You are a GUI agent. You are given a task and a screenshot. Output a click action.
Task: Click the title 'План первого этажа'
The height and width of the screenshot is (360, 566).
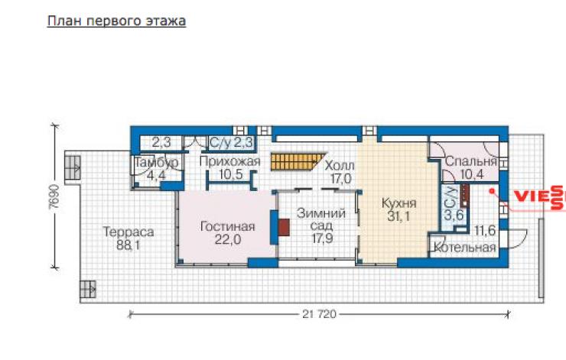click(116, 21)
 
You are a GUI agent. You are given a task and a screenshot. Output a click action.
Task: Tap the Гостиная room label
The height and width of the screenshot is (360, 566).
click(227, 226)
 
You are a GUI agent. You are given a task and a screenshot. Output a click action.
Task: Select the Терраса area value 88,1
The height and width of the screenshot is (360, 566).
click(128, 245)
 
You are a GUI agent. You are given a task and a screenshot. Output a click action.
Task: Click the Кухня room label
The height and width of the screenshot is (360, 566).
click(398, 203)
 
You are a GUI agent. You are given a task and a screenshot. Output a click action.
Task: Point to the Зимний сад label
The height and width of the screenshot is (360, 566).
click(321, 219)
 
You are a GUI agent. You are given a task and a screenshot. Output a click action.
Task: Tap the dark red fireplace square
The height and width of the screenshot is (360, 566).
click(284, 227)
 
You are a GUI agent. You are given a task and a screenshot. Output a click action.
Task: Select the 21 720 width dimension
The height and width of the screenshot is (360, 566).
click(319, 314)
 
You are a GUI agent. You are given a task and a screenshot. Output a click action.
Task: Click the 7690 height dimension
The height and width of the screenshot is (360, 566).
click(54, 196)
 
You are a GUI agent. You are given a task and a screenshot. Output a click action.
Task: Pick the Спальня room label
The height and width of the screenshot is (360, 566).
click(471, 161)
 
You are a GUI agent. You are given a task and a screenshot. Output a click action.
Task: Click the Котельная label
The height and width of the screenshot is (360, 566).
click(464, 248)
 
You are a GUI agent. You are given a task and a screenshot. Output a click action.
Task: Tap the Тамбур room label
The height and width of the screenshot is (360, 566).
click(156, 162)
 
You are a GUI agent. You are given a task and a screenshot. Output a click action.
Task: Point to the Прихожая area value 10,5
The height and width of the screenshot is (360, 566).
click(231, 174)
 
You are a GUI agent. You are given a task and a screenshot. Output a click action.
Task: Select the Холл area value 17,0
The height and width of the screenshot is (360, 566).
click(341, 178)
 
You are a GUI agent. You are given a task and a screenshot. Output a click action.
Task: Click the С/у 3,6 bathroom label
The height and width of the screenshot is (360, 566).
click(453, 204)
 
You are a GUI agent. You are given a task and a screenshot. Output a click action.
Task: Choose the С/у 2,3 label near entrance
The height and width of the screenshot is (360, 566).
click(231, 142)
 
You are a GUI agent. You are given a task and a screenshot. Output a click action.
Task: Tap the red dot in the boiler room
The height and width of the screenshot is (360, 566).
click(491, 191)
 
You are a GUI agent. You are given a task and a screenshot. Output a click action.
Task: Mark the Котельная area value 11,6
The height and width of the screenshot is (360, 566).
click(485, 231)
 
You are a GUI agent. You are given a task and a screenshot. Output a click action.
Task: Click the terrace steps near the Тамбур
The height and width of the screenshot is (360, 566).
click(73, 167)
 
